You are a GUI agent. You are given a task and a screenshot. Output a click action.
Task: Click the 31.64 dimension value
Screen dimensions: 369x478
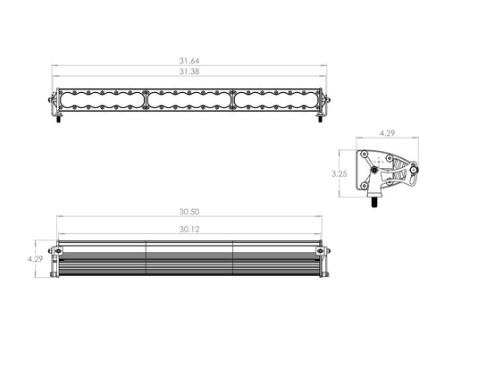click(x=189, y=62)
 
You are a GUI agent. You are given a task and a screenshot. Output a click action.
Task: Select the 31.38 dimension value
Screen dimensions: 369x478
click(x=189, y=71)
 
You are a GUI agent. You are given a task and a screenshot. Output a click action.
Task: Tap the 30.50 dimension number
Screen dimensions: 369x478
click(x=189, y=212)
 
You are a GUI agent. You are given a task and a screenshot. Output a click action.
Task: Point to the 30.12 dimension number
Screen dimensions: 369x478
click(x=189, y=229)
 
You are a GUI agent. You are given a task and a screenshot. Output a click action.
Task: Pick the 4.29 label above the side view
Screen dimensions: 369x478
click(x=387, y=132)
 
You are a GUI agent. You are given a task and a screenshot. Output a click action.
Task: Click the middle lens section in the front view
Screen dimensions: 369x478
click(x=189, y=103)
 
